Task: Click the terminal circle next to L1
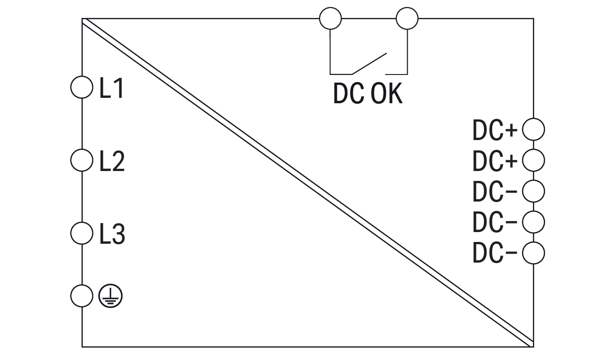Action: pyautogui.click(x=82, y=87)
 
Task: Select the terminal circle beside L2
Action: pyautogui.click(x=82, y=160)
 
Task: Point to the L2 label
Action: pyautogui.click(x=112, y=161)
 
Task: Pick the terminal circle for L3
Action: pyautogui.click(x=82, y=233)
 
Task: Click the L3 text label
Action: pyautogui.click(x=112, y=234)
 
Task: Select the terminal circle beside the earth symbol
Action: pyautogui.click(x=82, y=296)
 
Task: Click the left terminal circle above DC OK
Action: pyautogui.click(x=330, y=19)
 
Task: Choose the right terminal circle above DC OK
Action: pyautogui.click(x=407, y=19)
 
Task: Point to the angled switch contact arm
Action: pyautogui.click(x=369, y=63)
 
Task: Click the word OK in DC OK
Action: pyautogui.click(x=387, y=94)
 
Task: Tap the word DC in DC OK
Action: pyautogui.click(x=348, y=94)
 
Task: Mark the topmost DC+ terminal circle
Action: pyautogui.click(x=534, y=129)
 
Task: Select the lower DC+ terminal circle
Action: pyautogui.click(x=534, y=160)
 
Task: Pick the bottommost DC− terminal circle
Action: pyautogui.click(x=534, y=253)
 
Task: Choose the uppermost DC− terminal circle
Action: pyautogui.click(x=534, y=191)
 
